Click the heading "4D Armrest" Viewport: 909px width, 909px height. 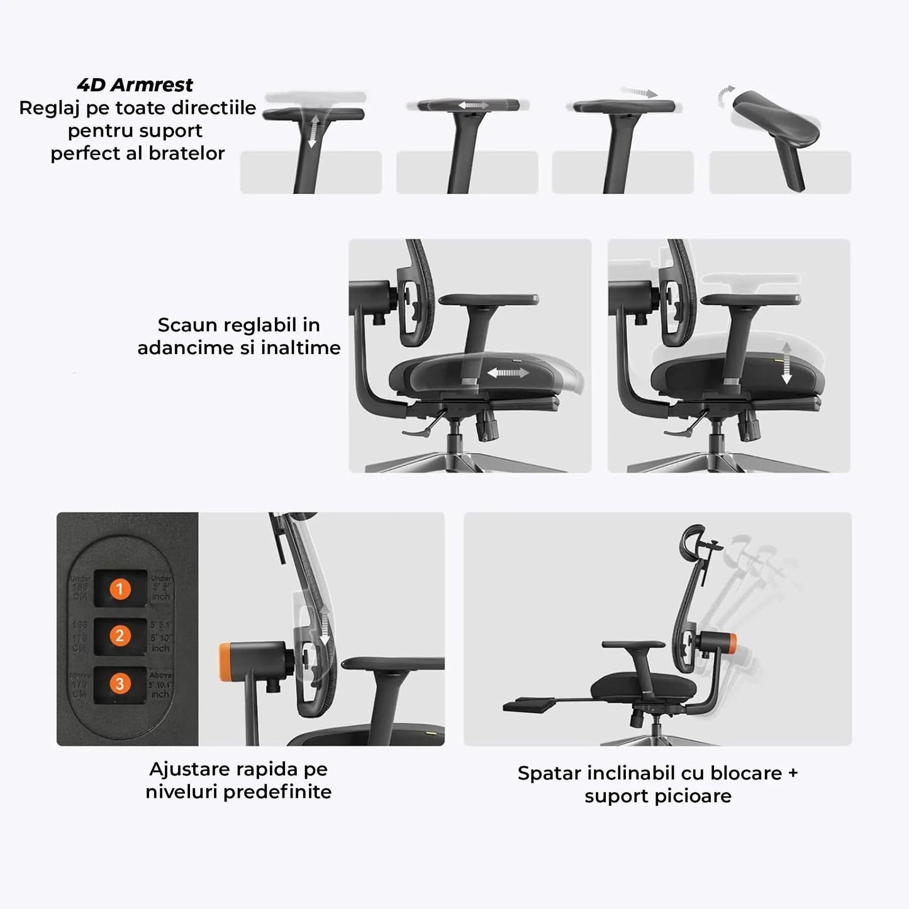pyautogui.click(x=135, y=85)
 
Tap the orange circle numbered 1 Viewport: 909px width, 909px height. pyautogui.click(x=120, y=589)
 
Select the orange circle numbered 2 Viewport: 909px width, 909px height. pyautogui.click(x=120, y=636)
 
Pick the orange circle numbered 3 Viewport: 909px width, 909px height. pyautogui.click(x=120, y=684)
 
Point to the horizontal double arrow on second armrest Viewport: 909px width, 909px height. pyautogui.click(x=474, y=106)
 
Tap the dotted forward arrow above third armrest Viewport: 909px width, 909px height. pyautogui.click(x=639, y=93)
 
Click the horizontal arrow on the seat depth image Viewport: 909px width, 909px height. pyautogui.click(x=508, y=373)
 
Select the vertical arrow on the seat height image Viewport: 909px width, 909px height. pyautogui.click(x=786, y=364)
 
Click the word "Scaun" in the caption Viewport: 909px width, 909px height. pyautogui.click(x=186, y=325)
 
